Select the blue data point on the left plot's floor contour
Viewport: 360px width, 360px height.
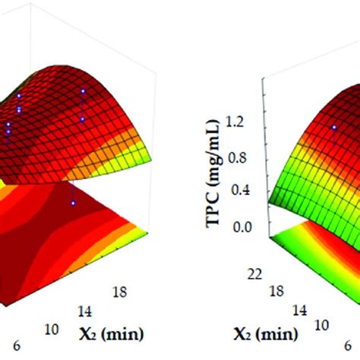[x=73, y=203]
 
